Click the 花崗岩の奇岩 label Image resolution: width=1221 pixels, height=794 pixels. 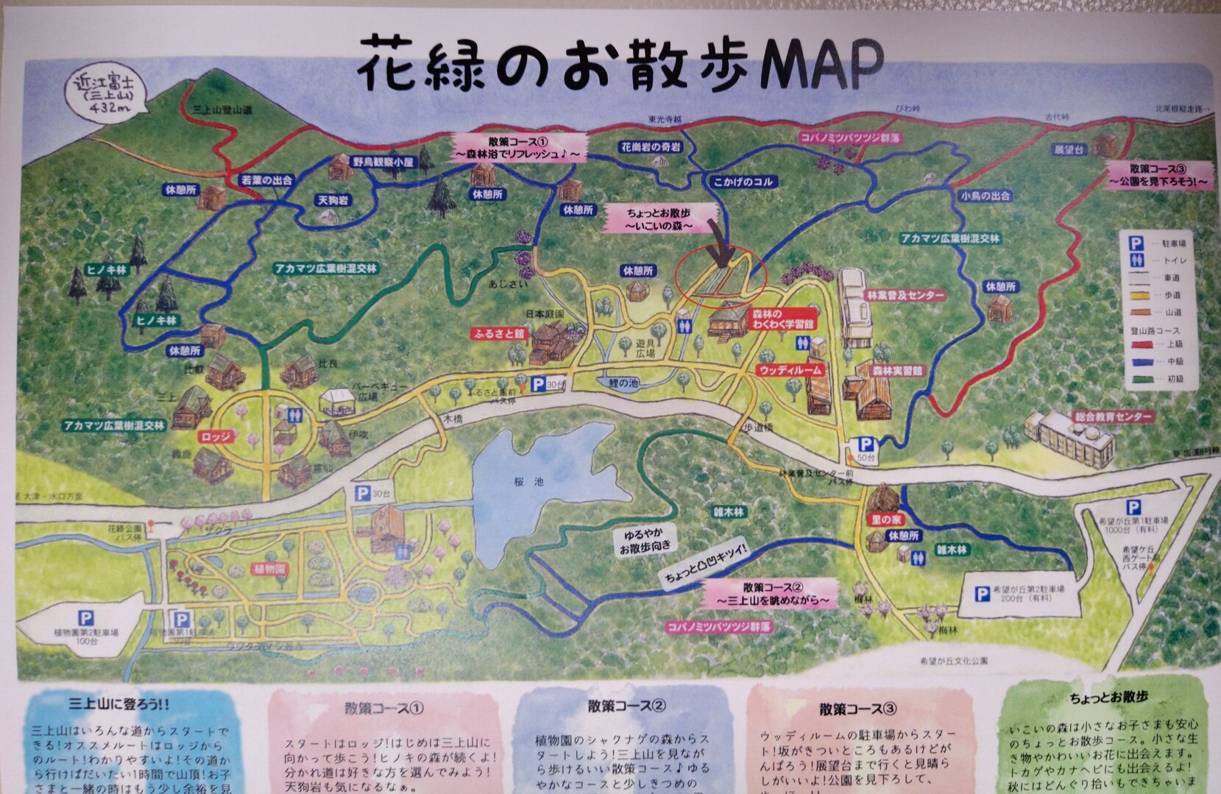tap(651, 148)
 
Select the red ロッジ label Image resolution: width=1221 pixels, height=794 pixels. tap(216, 436)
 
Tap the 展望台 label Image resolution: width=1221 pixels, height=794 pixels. tap(1069, 149)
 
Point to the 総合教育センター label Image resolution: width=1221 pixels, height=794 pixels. tap(1113, 417)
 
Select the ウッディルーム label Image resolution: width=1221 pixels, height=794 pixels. tap(790, 371)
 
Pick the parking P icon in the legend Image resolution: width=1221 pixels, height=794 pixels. tap(1135, 242)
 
